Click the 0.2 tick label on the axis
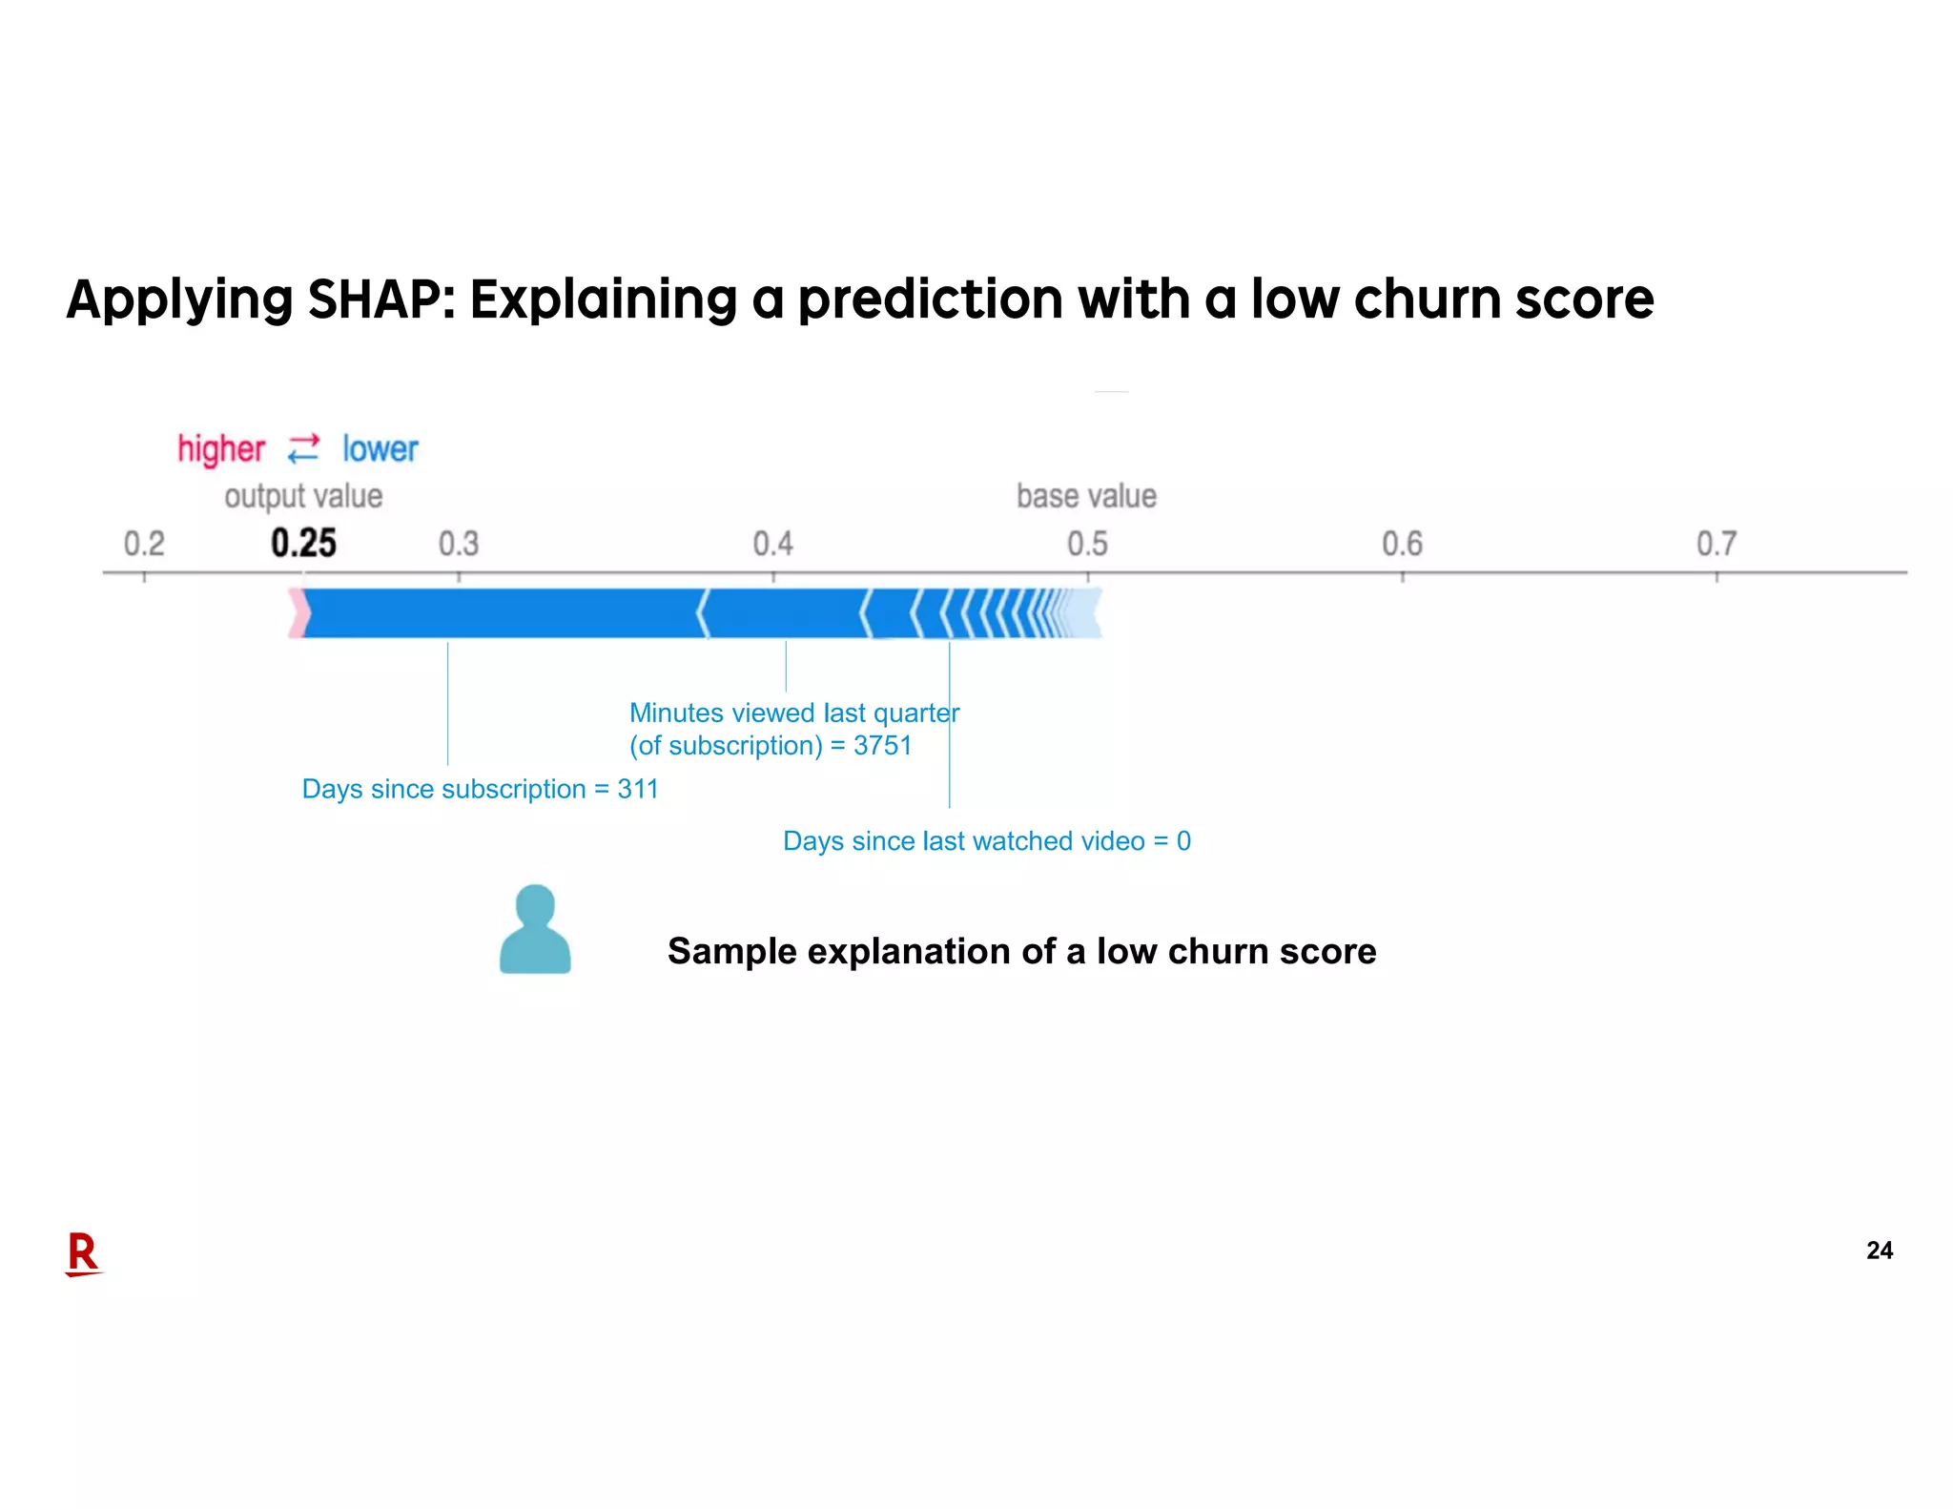pos(144,544)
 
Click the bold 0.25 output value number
pos(303,543)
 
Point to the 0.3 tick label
pos(458,544)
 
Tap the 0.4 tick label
pos(772,544)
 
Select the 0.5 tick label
pos(1087,544)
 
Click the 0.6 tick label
pos(1402,544)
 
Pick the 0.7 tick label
pos(1717,544)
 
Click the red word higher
pos(221,448)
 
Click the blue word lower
pos(380,448)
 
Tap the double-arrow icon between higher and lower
pos(303,448)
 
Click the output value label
pos(303,496)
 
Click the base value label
pos(1086,496)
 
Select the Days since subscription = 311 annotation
pos(480,789)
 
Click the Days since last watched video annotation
pos(986,840)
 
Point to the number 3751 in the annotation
pos(882,745)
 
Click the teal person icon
pos(535,929)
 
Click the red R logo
pos(83,1253)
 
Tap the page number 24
pos(1879,1250)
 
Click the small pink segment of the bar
pos(298,613)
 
